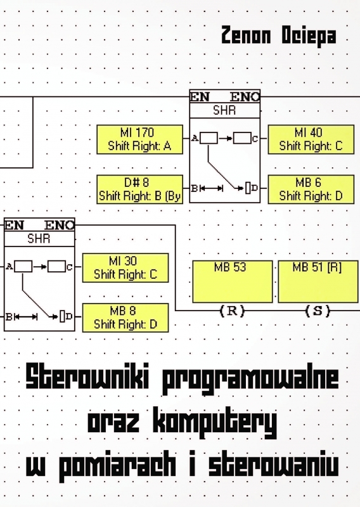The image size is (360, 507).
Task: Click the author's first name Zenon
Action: pyautogui.click(x=246, y=35)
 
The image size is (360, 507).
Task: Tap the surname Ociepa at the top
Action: pyautogui.click(x=309, y=37)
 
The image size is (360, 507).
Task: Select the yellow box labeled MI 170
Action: pyautogui.click(x=139, y=139)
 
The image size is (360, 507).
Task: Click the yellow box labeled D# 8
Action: pyautogui.click(x=139, y=189)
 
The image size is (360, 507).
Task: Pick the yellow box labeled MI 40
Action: pyautogui.click(x=311, y=139)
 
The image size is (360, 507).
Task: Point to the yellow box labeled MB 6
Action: pyautogui.click(x=311, y=189)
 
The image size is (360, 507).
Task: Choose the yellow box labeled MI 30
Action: pyautogui.click(x=125, y=267)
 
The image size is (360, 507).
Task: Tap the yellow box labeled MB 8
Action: pyautogui.click(x=125, y=318)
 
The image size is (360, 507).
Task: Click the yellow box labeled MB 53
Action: pyautogui.click(x=233, y=281)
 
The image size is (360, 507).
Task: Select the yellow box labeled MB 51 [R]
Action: pyautogui.click(x=318, y=281)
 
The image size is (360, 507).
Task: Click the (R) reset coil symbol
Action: pyautogui.click(x=232, y=311)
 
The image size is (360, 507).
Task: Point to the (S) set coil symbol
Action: pyautogui.click(x=318, y=311)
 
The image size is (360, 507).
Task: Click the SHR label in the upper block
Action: pyautogui.click(x=224, y=110)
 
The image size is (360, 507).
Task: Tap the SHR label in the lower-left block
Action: pyautogui.click(x=39, y=239)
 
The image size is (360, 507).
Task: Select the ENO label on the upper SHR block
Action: pyautogui.click(x=245, y=97)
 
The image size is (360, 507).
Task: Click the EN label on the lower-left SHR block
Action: pyautogui.click(x=14, y=225)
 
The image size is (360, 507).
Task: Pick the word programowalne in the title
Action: pyautogui.click(x=251, y=379)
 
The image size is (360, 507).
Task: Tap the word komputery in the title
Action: pyautogui.click(x=215, y=423)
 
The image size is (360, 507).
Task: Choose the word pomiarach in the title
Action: pyautogui.click(x=117, y=466)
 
